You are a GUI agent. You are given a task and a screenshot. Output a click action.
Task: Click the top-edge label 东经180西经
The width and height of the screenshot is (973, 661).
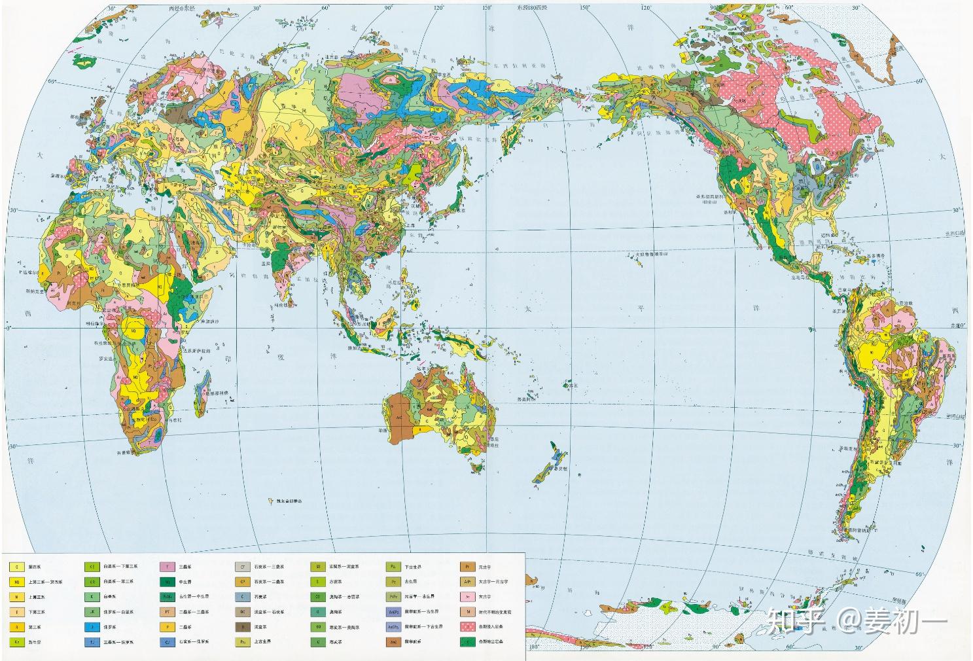[x=533, y=7]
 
